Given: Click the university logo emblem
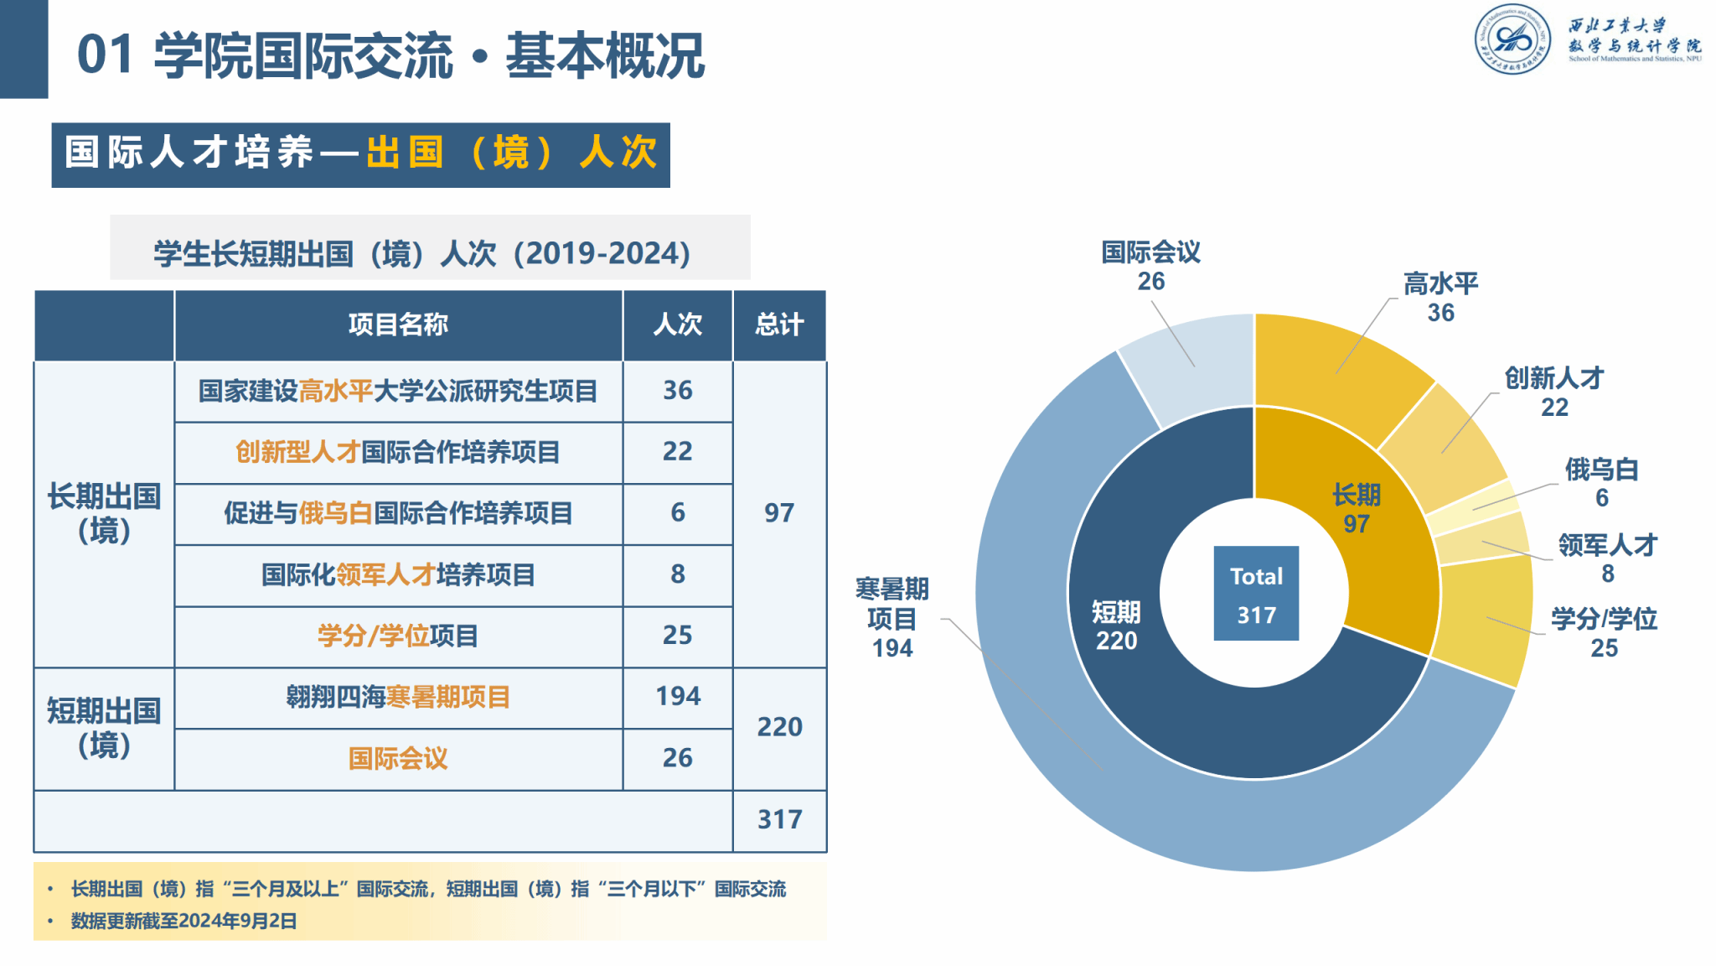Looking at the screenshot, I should (x=1512, y=39).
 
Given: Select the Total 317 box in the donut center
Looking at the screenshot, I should (x=1256, y=594).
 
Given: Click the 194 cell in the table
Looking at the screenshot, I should (x=678, y=697).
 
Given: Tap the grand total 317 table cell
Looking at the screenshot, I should (x=779, y=819).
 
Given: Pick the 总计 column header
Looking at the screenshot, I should (x=779, y=325).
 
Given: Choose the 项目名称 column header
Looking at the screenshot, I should (x=398, y=325).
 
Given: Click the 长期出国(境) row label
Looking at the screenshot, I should (x=104, y=513).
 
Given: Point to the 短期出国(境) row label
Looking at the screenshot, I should (x=104, y=728).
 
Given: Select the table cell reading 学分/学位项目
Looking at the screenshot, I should (x=398, y=636).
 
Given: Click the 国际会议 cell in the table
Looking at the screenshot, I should (x=398, y=759).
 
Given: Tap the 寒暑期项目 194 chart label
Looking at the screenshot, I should (x=892, y=618).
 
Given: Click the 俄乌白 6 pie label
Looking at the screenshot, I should (x=1601, y=483).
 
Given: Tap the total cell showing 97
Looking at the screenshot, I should (x=779, y=513).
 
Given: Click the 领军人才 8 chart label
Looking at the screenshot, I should (x=1607, y=558).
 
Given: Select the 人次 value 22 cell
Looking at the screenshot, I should (x=678, y=452).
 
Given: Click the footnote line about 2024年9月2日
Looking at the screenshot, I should (x=184, y=921).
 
